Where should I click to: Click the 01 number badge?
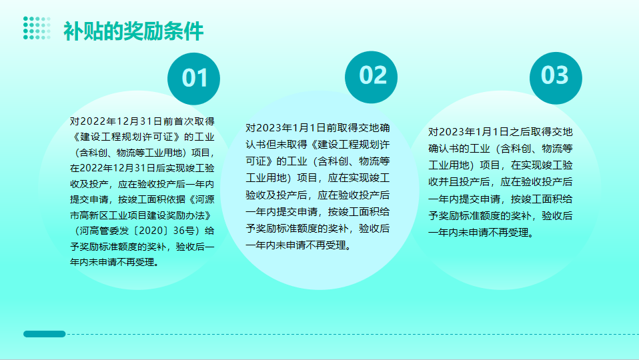click(x=193, y=79)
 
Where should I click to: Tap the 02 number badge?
click(x=372, y=77)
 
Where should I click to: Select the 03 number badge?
click(x=556, y=78)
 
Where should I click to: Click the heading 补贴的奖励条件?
click(x=133, y=31)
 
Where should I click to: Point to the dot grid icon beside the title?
click(x=37, y=28)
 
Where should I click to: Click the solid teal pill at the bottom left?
click(x=45, y=334)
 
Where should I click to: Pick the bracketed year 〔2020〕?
click(x=149, y=231)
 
